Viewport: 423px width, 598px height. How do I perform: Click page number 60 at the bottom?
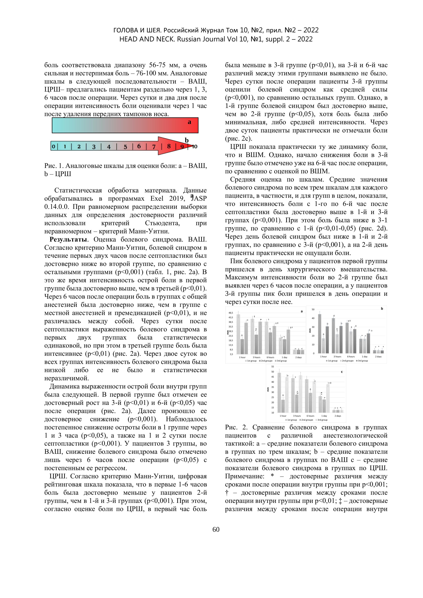coord(216,529)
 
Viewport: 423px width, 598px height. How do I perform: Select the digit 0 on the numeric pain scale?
coord(53,147)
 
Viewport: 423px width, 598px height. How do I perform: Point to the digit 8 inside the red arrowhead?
coord(169,146)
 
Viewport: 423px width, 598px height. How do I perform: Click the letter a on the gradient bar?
coord(189,122)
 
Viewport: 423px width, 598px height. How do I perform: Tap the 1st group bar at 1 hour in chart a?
coord(238,334)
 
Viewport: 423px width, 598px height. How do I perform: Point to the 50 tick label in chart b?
coord(313,309)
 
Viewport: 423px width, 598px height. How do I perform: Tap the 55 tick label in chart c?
coord(272,367)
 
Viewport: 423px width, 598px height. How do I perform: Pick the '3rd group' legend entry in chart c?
coord(322,420)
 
